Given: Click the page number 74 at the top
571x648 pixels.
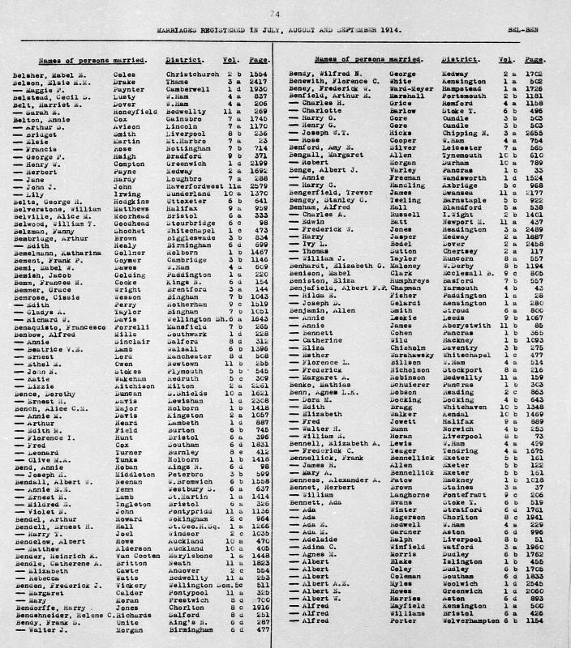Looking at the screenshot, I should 277,14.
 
